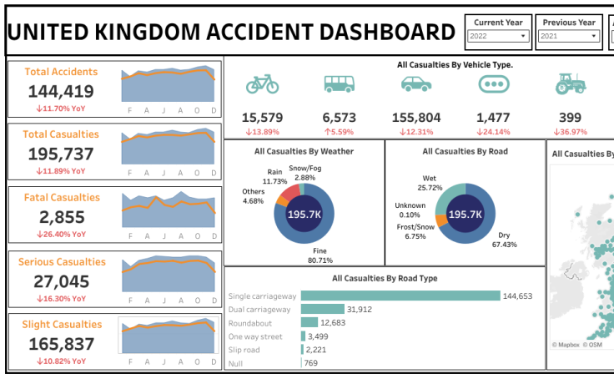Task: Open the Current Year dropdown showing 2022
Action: (x=499, y=37)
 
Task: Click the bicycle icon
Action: (x=262, y=84)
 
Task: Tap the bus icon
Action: (x=339, y=84)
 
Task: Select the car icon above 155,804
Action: (x=415, y=84)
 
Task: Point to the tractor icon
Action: (x=571, y=84)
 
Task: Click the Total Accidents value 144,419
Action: (x=61, y=92)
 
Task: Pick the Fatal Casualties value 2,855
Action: (x=61, y=217)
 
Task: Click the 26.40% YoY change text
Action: (x=61, y=235)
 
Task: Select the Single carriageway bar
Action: (x=400, y=296)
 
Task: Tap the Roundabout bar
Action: (x=310, y=322)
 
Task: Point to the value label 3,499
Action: (x=317, y=336)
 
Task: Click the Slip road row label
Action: (x=244, y=350)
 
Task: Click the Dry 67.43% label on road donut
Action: (x=503, y=240)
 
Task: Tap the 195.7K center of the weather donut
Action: (x=304, y=215)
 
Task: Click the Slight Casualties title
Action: (x=61, y=325)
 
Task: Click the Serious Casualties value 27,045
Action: (x=61, y=280)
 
